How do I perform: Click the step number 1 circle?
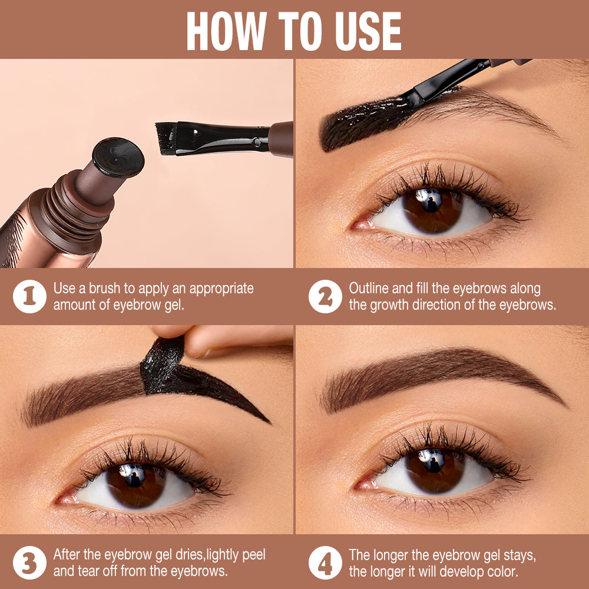[29, 297]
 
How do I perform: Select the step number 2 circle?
[325, 297]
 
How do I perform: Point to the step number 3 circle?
[29, 563]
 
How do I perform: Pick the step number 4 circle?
[325, 563]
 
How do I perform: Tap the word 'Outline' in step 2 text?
[369, 289]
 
